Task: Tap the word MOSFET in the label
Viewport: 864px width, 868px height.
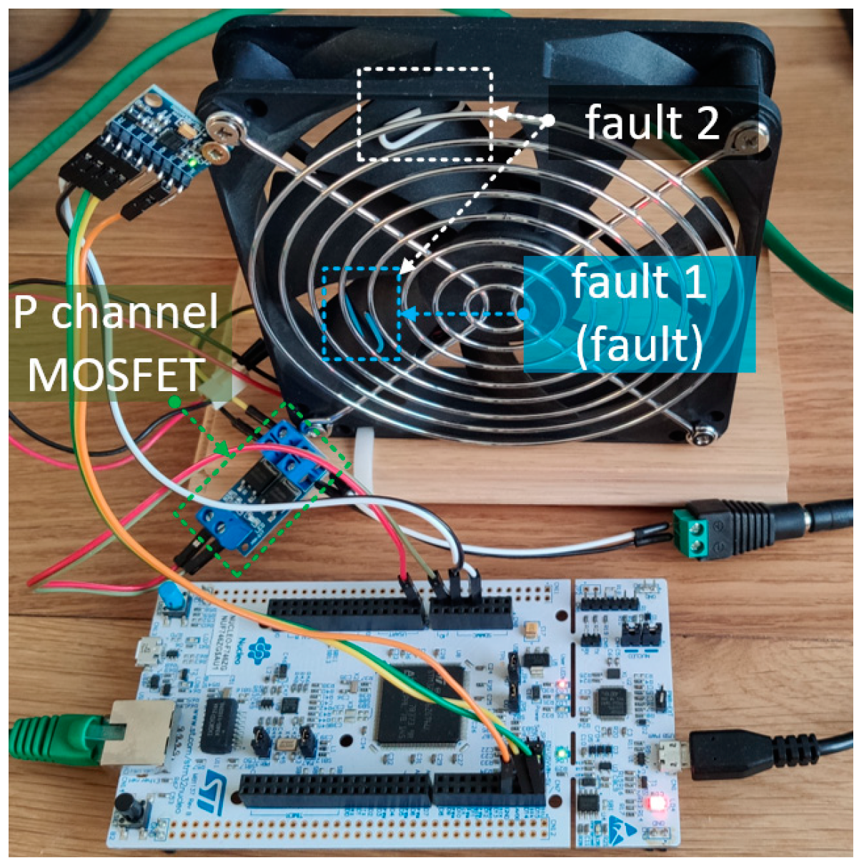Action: point(116,374)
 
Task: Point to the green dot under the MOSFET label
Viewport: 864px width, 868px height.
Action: point(174,403)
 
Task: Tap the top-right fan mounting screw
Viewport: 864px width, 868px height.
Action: point(748,135)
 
